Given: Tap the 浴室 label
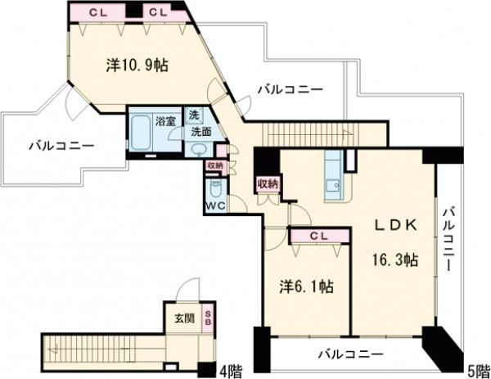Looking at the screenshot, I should (166, 121).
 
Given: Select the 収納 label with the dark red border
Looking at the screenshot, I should (267, 183).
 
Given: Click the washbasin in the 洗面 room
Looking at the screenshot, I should (198, 148).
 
